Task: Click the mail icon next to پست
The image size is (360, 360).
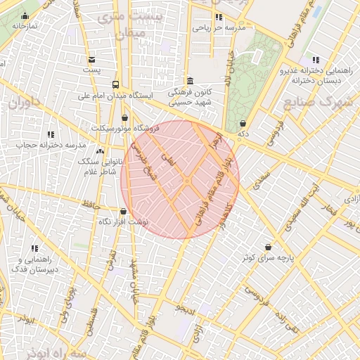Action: [92, 59]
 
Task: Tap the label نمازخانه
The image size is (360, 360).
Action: [25, 26]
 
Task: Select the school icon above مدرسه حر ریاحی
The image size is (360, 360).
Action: [219, 17]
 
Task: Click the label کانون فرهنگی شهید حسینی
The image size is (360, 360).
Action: [191, 97]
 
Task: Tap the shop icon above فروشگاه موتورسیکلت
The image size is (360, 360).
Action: [125, 117]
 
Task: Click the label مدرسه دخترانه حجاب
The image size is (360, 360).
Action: [50, 145]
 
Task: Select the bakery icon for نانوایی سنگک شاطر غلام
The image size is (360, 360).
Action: [100, 151]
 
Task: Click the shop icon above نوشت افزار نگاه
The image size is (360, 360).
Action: [124, 211]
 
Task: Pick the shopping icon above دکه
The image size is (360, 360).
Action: [243, 123]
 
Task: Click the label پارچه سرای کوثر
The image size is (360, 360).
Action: [268, 257]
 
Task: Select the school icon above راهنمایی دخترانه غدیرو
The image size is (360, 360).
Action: [316, 60]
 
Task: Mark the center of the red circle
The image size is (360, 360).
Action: [180, 179]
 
